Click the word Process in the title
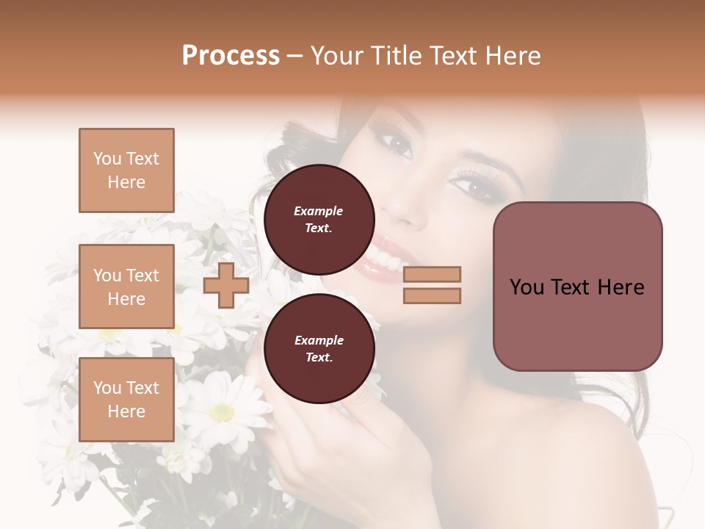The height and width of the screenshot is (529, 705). [231, 56]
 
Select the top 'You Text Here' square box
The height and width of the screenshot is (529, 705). [126, 170]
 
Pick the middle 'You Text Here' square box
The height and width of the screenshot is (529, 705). [126, 287]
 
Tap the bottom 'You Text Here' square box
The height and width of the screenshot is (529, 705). [126, 400]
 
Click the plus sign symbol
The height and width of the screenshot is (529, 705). [225, 285]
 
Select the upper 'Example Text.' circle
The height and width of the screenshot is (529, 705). [319, 220]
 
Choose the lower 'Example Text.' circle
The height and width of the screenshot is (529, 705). [319, 349]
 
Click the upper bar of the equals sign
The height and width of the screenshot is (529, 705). [432, 275]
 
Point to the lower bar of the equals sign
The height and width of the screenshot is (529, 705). [432, 296]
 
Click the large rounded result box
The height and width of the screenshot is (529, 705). [577, 287]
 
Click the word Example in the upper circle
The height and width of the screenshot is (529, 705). [319, 212]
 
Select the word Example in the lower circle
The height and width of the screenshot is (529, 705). [319, 341]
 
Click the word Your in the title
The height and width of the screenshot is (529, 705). [338, 56]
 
